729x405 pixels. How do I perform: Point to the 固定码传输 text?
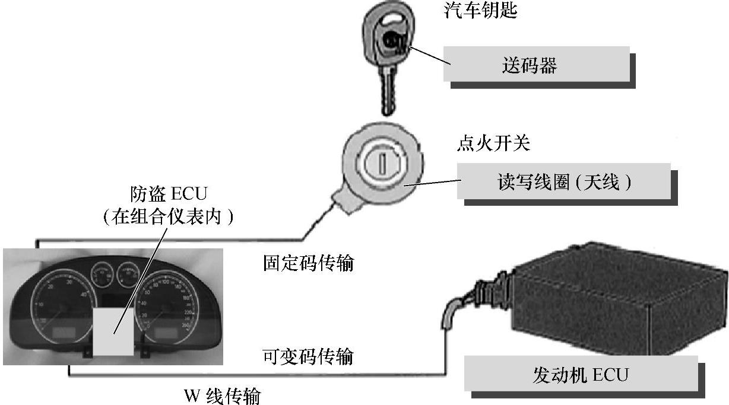coord(308,263)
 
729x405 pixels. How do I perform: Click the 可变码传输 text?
coord(308,356)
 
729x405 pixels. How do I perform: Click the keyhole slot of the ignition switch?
coord(383,160)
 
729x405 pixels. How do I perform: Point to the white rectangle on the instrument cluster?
coord(113,331)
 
